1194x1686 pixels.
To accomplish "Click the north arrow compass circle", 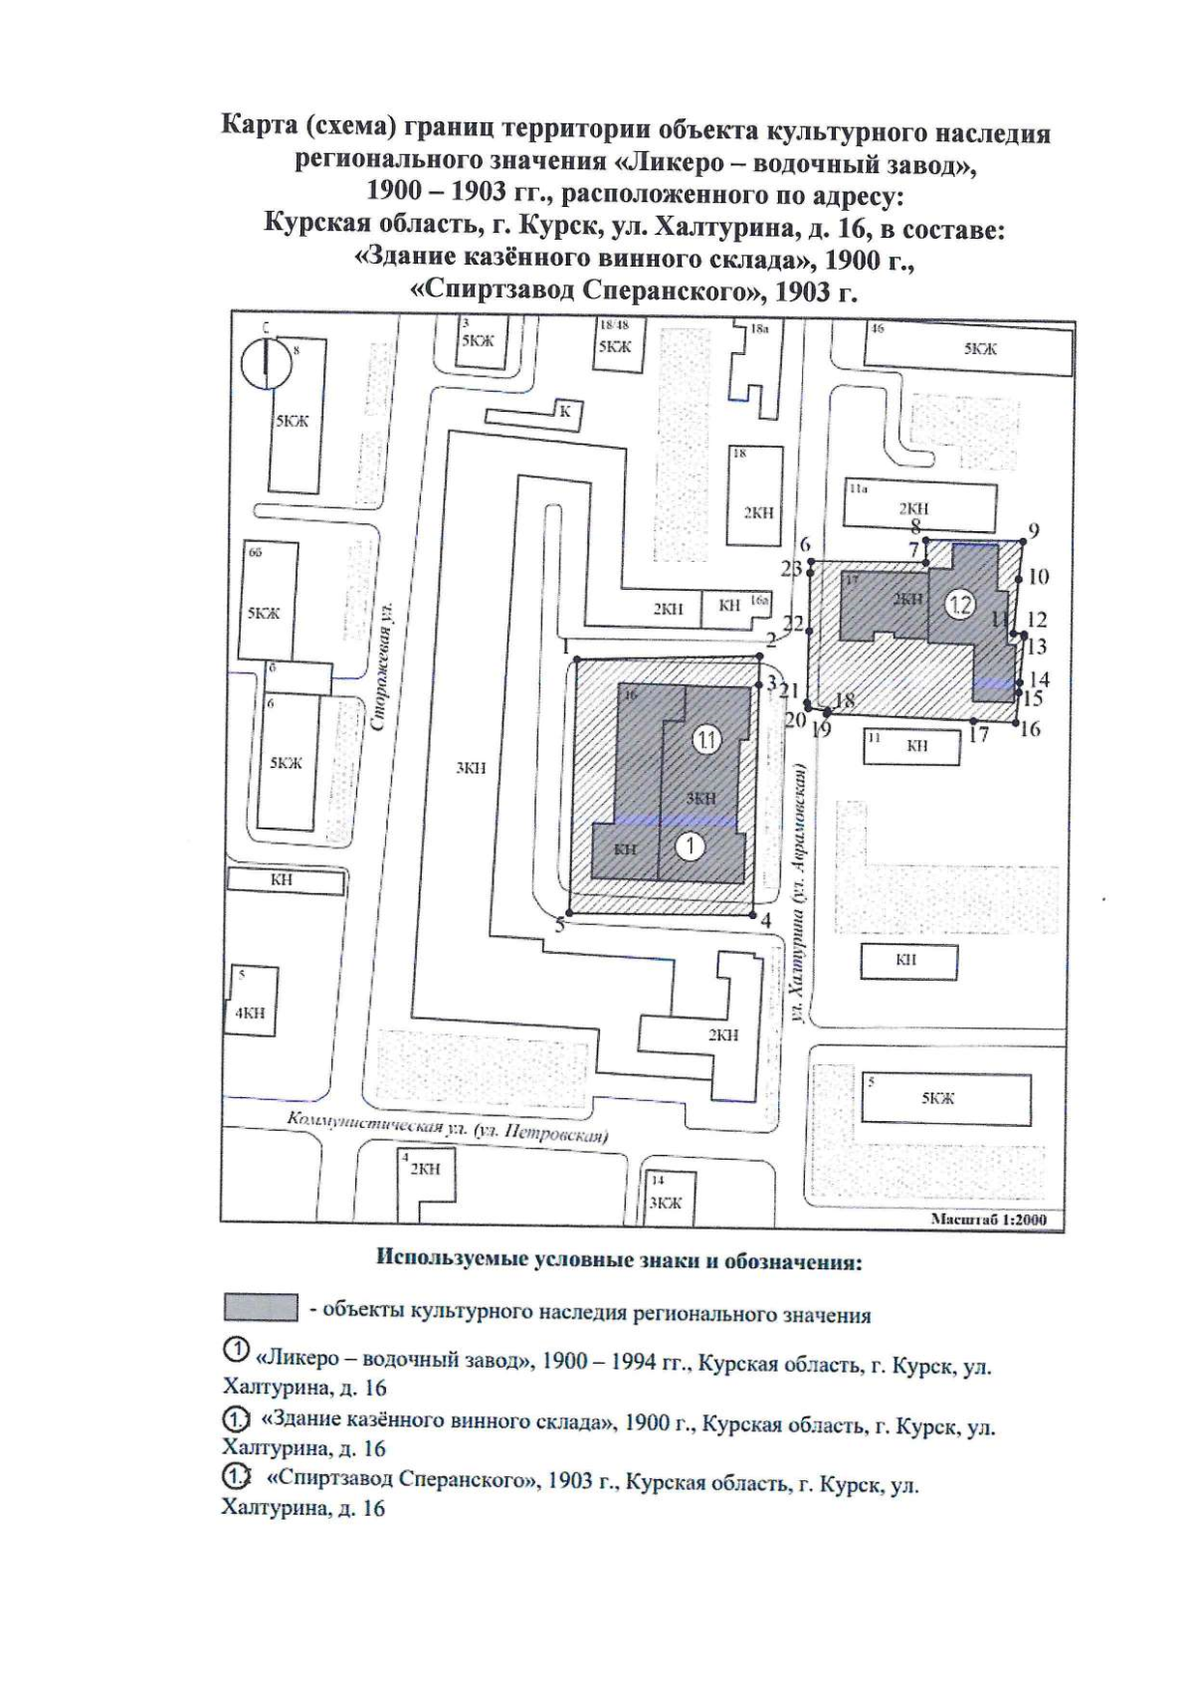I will pyautogui.click(x=266, y=363).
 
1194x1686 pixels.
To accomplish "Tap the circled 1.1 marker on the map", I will pyautogui.click(x=706, y=740).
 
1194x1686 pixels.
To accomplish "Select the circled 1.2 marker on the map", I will pyautogui.click(x=960, y=604).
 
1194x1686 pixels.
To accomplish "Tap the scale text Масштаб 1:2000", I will pyautogui.click(x=987, y=1220).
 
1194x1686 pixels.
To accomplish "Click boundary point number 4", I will pyautogui.click(x=754, y=914).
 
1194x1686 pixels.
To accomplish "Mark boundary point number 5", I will pyautogui.click(x=568, y=914).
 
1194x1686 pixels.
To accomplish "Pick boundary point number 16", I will pyautogui.click(x=1016, y=718).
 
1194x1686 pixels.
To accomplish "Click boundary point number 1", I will pyautogui.click(x=575, y=659).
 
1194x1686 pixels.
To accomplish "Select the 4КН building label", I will pyautogui.click(x=250, y=1014).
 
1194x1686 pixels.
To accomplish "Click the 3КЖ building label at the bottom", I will pyautogui.click(x=665, y=1203).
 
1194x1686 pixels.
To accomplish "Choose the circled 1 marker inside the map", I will pyautogui.click(x=690, y=846).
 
